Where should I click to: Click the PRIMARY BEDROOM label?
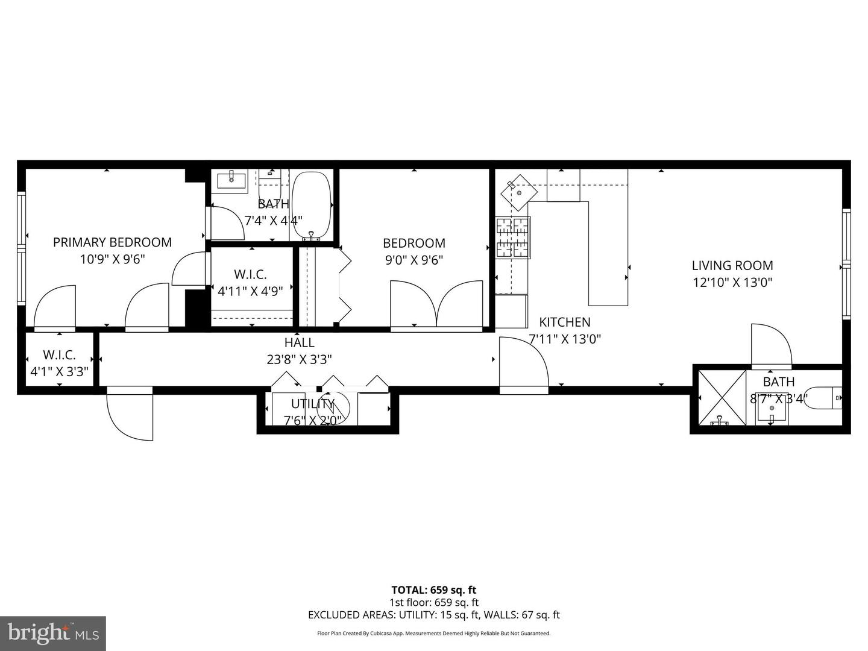[112, 242]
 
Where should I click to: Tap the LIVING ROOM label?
[732, 265]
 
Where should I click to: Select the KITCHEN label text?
[564, 322]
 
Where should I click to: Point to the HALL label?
[299, 342]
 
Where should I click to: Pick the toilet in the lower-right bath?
[825, 397]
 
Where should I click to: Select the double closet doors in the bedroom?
[436, 305]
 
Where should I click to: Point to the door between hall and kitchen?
[523, 365]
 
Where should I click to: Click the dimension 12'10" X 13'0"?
[732, 282]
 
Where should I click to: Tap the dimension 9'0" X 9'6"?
[414, 260]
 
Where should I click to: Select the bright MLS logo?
[53, 633]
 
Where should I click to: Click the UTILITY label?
[312, 404]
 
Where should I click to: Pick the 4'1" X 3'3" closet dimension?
[59, 372]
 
